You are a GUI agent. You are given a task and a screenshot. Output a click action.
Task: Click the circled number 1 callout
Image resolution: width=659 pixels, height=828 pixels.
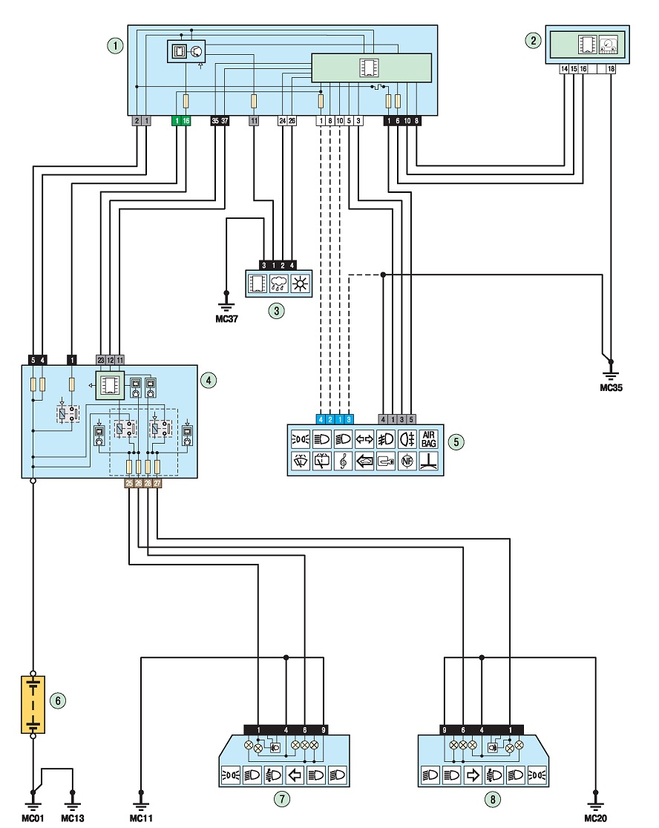(x=115, y=45)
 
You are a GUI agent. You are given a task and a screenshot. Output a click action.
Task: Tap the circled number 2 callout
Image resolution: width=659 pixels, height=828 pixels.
(x=534, y=40)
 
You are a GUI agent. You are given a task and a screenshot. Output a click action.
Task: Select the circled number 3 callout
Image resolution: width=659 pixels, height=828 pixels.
(x=277, y=310)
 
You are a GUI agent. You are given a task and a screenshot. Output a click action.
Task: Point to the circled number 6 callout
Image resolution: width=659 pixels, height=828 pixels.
(x=58, y=700)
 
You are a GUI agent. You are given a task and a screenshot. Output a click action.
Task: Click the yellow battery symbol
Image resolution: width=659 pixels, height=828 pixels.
(x=33, y=704)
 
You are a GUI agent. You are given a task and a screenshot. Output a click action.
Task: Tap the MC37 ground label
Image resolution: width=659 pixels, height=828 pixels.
(x=226, y=319)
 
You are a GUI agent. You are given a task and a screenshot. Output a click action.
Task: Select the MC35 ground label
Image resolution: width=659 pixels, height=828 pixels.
(x=611, y=387)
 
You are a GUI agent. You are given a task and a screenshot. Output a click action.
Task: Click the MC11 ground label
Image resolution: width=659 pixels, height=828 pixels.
(x=141, y=818)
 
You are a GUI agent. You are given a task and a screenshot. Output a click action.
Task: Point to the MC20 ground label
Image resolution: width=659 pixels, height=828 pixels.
(x=596, y=818)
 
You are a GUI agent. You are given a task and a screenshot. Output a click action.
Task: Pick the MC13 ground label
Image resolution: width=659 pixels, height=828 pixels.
(x=72, y=818)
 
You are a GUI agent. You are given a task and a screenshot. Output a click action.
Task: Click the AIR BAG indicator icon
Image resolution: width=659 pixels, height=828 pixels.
(x=429, y=439)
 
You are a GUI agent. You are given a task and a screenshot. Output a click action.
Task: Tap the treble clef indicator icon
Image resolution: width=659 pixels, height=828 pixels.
(x=343, y=461)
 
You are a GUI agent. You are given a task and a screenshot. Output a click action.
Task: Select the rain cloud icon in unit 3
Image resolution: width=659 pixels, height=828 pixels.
(x=278, y=283)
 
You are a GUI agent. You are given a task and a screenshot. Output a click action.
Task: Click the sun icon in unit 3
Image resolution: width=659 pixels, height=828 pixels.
(x=301, y=283)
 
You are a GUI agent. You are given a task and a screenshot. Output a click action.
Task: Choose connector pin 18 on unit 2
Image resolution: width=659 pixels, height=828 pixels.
(x=611, y=69)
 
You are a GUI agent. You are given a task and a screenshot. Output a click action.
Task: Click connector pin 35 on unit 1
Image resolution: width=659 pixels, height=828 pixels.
(x=215, y=121)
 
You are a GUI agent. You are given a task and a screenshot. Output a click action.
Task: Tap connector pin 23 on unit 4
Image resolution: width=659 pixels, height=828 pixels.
(x=101, y=360)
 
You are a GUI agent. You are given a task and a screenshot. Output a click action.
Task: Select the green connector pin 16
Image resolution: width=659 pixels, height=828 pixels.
(x=186, y=121)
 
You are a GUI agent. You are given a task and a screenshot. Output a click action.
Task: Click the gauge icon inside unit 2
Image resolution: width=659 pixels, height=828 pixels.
(x=609, y=45)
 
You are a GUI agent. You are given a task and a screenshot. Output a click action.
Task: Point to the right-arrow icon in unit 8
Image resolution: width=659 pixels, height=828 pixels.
(x=473, y=775)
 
